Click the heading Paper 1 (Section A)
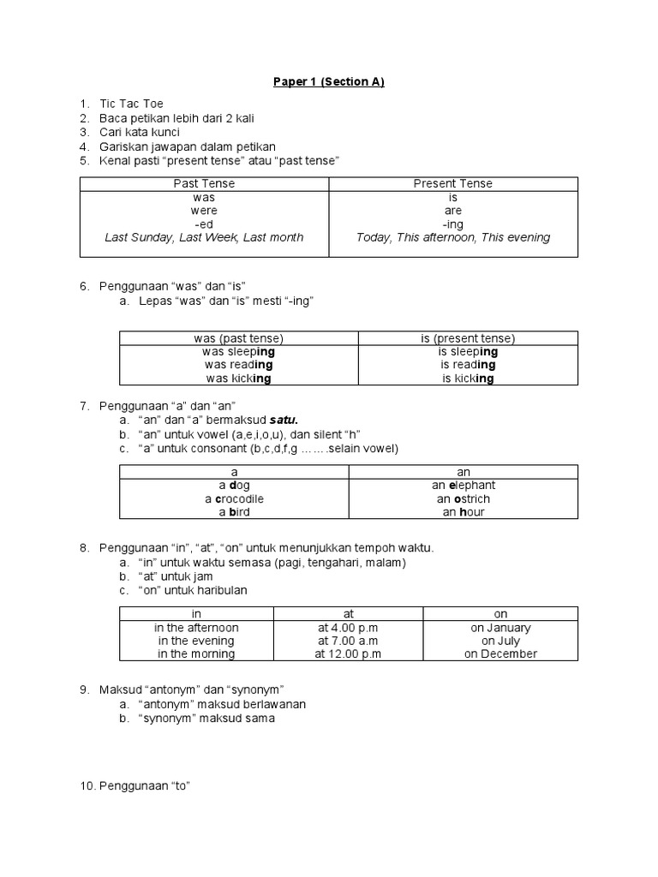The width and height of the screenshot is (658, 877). coord(329,82)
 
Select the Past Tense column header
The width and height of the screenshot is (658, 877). coord(204,183)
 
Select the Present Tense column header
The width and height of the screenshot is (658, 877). coord(453,183)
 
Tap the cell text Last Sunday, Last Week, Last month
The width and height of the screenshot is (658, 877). coord(204,237)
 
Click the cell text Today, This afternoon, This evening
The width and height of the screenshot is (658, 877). coord(453,237)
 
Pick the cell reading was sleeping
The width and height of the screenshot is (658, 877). coord(238,351)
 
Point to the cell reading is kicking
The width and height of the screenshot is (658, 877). coord(468,379)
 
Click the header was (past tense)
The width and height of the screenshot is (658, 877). coord(238,338)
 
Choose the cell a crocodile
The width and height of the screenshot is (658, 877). coord(234,498)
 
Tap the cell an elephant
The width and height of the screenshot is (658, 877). coord(464,485)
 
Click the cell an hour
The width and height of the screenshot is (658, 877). coord(464,512)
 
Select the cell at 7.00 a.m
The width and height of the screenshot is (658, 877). coord(348,641)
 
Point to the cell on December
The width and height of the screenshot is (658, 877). coord(500,653)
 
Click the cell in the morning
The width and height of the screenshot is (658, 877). coord(196,653)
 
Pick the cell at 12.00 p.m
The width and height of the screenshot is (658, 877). coord(348,653)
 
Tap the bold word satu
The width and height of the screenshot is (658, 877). coord(283,421)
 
